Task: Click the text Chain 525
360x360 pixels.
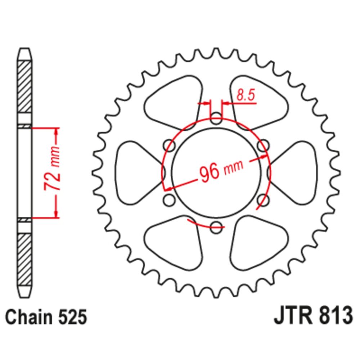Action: tap(46, 317)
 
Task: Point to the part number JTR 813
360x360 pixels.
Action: tap(314, 316)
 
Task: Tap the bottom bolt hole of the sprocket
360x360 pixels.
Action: tap(216, 227)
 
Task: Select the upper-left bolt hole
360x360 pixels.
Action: tap(169, 145)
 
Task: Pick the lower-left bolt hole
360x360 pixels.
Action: tap(169, 200)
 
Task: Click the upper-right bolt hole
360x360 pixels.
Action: tap(264, 145)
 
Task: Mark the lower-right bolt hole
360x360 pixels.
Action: tap(264, 200)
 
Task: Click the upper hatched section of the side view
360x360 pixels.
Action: tap(24, 87)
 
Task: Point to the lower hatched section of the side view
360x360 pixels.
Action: tap(24, 260)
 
